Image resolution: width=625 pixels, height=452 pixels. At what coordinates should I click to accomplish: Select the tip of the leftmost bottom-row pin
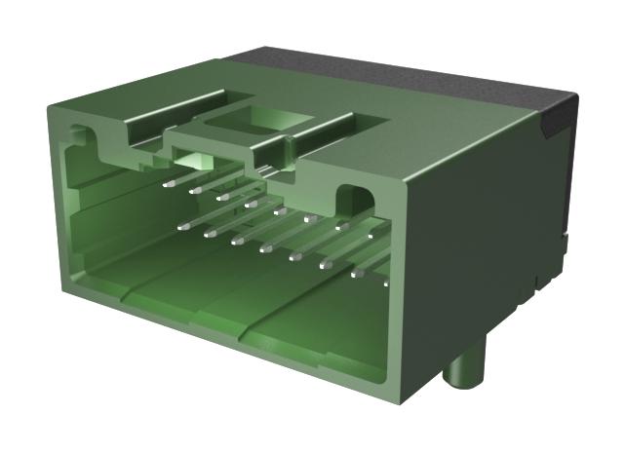click(181, 226)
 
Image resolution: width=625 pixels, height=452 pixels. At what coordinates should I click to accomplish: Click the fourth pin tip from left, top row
click(251, 205)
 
